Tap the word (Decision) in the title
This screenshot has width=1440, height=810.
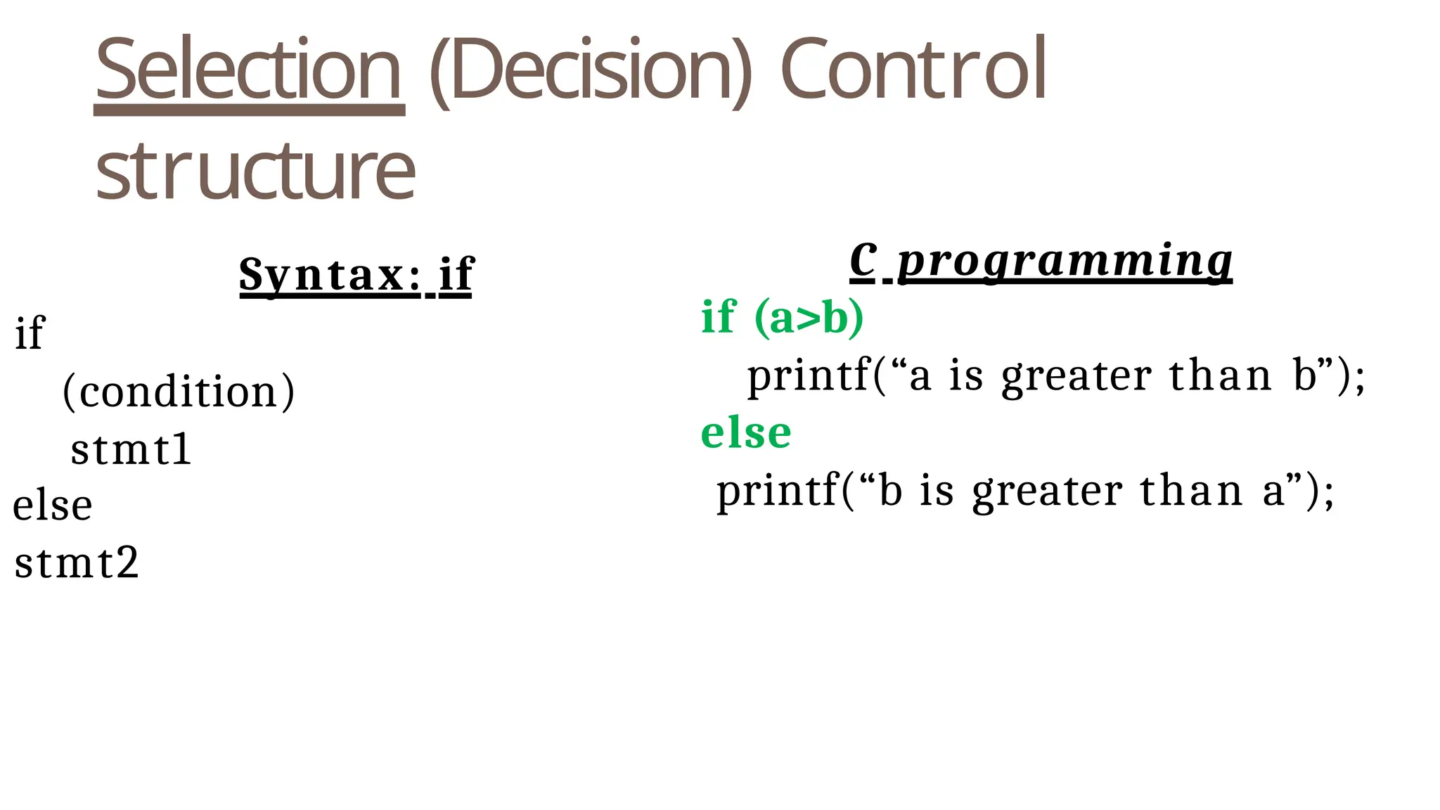[589, 69]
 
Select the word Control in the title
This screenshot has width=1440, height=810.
[913, 69]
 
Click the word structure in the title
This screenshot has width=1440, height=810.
[255, 171]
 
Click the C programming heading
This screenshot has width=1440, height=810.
[1041, 261]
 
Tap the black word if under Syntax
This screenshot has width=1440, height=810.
[30, 333]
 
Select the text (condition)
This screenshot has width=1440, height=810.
[179, 391]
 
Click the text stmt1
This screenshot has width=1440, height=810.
[131, 449]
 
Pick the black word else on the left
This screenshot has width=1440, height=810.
[53, 505]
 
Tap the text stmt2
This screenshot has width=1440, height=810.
[77, 563]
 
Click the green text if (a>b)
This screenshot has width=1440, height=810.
[782, 317]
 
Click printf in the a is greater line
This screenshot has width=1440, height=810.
[809, 375]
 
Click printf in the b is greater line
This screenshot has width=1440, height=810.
[778, 491]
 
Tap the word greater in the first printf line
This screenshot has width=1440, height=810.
[1076, 377]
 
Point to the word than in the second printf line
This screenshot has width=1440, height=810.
[1191, 491]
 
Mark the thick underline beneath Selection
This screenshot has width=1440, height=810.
[249, 110]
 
